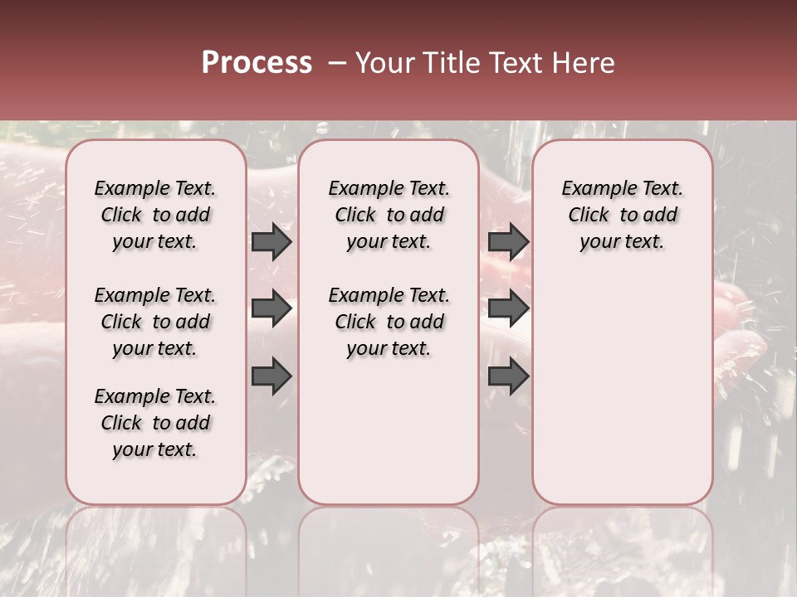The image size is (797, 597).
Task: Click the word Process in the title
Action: [257, 63]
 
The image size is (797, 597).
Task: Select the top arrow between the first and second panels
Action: [271, 241]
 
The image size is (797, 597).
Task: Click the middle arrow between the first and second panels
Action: [271, 308]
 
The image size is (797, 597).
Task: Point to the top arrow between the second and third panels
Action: [508, 241]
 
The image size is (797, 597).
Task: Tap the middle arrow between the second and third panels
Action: [508, 308]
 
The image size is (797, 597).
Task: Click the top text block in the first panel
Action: [155, 215]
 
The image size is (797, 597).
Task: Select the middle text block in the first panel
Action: [155, 322]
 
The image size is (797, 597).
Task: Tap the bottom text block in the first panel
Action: [155, 423]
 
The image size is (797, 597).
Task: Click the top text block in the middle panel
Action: [389, 215]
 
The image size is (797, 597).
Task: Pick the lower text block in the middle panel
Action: [389, 322]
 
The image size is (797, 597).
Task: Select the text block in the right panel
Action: [622, 215]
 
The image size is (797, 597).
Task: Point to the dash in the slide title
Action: [336, 63]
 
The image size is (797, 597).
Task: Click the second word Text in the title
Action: [513, 63]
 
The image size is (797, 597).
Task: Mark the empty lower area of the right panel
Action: [622, 390]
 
